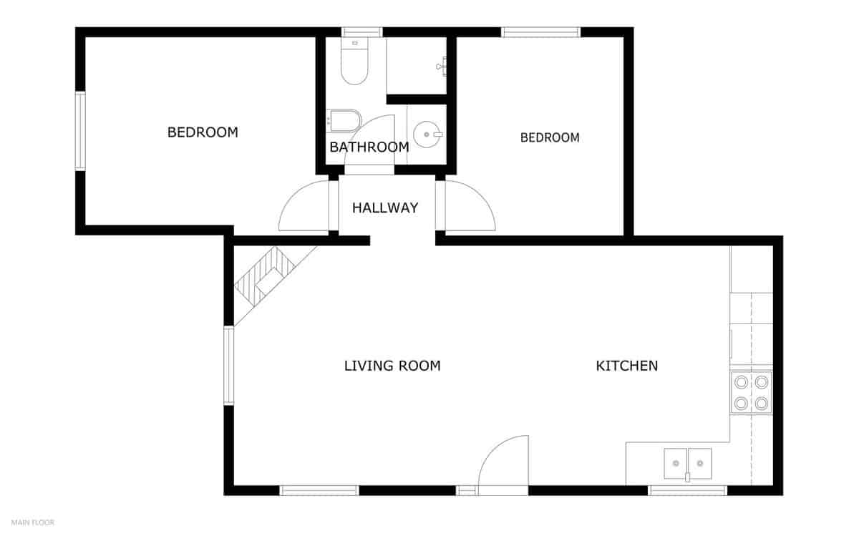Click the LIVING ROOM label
tap(392, 366)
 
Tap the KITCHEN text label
tap(626, 366)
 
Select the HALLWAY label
tap(384, 208)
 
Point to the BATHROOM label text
tap(369, 147)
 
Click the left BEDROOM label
tap(203, 132)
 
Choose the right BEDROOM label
tap(549, 137)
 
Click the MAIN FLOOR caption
tap(32, 522)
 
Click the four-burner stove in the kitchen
tap(751, 392)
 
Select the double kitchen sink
tap(687, 464)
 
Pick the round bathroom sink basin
tap(427, 132)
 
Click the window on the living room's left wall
tap(228, 365)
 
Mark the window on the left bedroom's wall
tap(80, 131)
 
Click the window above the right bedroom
tap(540, 31)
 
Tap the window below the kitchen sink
tap(687, 490)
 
